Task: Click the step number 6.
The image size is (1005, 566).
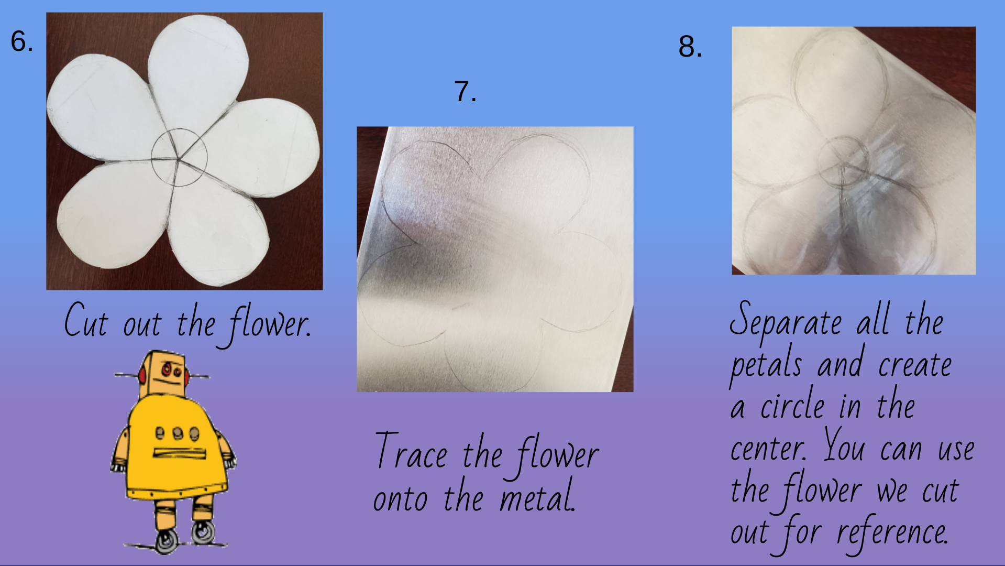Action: pyautogui.click(x=21, y=41)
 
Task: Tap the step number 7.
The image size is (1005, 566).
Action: pyautogui.click(x=465, y=92)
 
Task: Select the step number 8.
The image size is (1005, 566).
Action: pyautogui.click(x=690, y=47)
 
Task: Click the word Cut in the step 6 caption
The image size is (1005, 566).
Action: pyautogui.click(x=86, y=321)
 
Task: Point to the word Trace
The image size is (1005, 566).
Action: pyautogui.click(x=412, y=452)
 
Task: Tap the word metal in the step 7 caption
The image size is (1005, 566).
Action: pyautogui.click(x=537, y=497)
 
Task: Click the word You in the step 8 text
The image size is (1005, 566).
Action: pyautogui.click(x=844, y=447)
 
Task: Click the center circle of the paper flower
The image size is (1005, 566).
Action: pyautogui.click(x=179, y=157)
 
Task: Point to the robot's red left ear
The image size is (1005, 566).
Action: pyautogui.click(x=142, y=375)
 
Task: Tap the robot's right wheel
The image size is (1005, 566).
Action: pyautogui.click(x=203, y=533)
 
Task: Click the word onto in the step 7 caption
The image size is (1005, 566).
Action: pyautogui.click(x=400, y=498)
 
